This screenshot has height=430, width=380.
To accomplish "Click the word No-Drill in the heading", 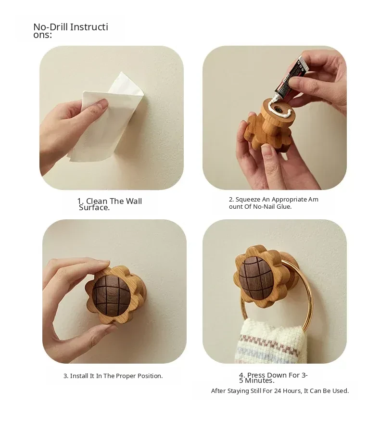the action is [51, 27].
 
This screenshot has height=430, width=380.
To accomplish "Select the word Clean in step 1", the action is [97, 201].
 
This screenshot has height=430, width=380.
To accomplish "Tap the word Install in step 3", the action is [79, 376].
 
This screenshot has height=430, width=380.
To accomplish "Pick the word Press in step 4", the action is [256, 375].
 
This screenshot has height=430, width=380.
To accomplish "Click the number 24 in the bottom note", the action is [278, 391].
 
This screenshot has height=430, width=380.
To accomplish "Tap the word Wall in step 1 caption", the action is [134, 201].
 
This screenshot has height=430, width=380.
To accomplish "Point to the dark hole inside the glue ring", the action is [279, 109].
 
